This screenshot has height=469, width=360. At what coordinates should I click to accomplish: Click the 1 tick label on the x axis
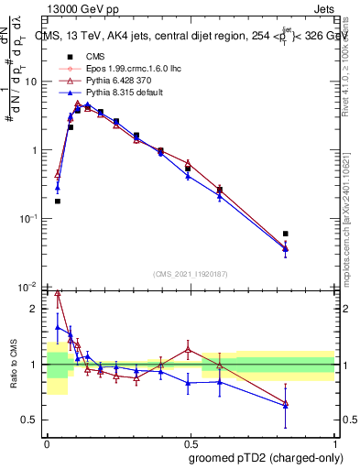pos(334,442)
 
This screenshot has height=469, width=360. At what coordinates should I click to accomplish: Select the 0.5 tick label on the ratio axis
pos(32,420)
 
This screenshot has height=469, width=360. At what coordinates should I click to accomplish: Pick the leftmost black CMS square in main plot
pos(58,201)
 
